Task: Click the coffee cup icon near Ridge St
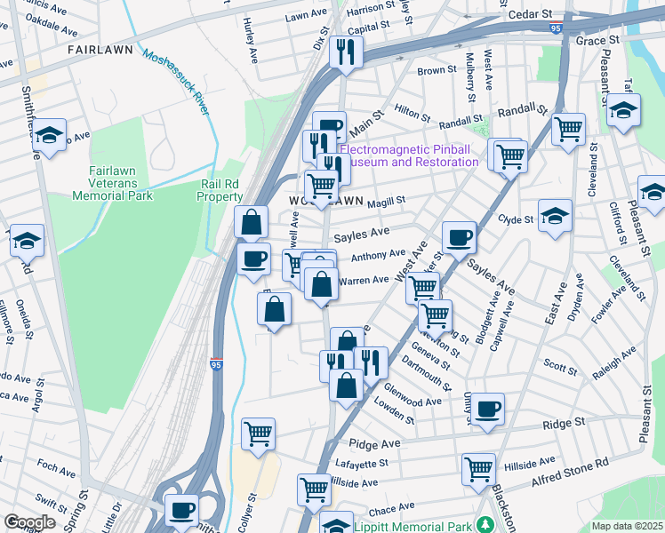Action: (x=488, y=409)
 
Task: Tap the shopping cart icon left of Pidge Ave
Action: (x=258, y=434)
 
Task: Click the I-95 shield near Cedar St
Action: (x=556, y=28)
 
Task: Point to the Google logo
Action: (x=30, y=521)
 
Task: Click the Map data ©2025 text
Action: (x=626, y=526)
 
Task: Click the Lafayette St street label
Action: (x=363, y=463)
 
